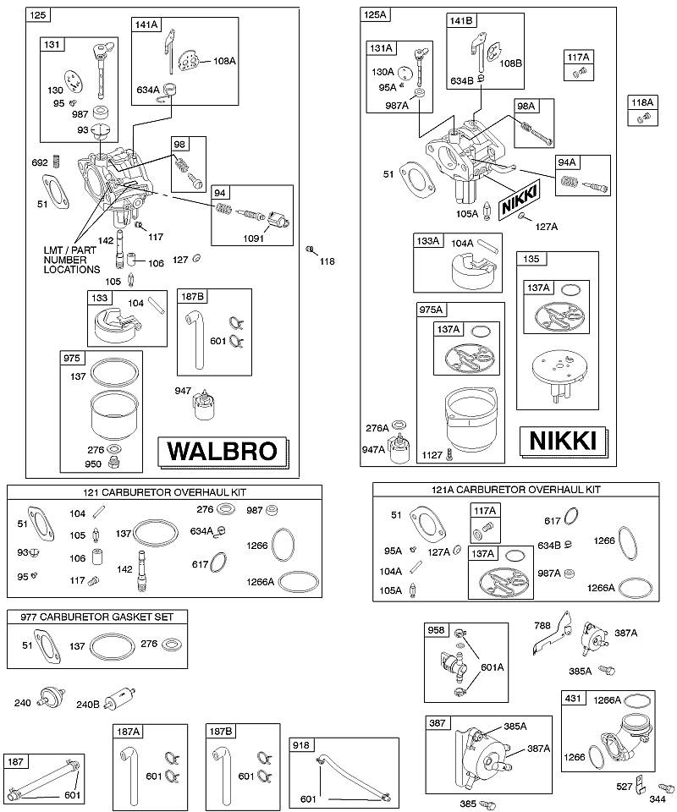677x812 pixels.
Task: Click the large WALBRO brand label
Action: coord(223,451)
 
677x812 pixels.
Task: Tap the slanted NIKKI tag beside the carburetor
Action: coord(519,199)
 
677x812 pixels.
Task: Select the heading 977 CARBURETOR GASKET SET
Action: coord(96,617)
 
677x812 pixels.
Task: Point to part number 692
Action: coord(40,162)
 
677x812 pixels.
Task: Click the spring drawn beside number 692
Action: coord(58,162)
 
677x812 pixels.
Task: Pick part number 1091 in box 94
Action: coord(253,239)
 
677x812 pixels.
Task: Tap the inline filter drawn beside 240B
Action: coord(120,700)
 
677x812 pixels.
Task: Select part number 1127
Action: coord(432,455)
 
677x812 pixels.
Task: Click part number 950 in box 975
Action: coord(93,464)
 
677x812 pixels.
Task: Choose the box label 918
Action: coord(301,745)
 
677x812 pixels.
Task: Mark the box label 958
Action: coord(436,629)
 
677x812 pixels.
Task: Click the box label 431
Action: coord(573,698)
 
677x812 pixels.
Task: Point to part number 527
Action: coord(625,786)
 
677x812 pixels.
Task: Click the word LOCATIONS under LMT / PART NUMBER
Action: coord(71,269)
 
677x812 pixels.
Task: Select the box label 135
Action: coord(531,259)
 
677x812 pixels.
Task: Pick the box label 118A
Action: coord(641,102)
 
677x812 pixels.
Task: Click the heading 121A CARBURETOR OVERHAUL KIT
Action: coord(516,490)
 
